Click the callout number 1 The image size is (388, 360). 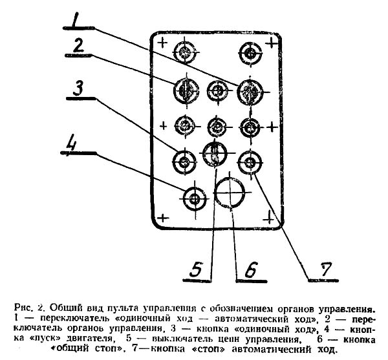tap(75, 20)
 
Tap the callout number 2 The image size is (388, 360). tap(79, 46)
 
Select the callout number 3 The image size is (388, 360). tap(78, 89)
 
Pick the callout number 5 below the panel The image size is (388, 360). tap(196, 270)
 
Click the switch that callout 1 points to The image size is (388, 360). tap(250, 92)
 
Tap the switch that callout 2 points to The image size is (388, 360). tap(186, 90)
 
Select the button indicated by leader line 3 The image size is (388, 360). tap(184, 162)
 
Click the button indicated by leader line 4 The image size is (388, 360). tap(195, 199)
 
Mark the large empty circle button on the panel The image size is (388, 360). tap(230, 192)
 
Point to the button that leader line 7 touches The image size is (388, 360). tap(250, 162)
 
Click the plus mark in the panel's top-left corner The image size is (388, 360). tap(162, 43)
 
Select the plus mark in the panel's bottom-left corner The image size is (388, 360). tap(163, 218)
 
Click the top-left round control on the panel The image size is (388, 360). tap(186, 52)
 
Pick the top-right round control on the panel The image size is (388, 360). tap(250, 53)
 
